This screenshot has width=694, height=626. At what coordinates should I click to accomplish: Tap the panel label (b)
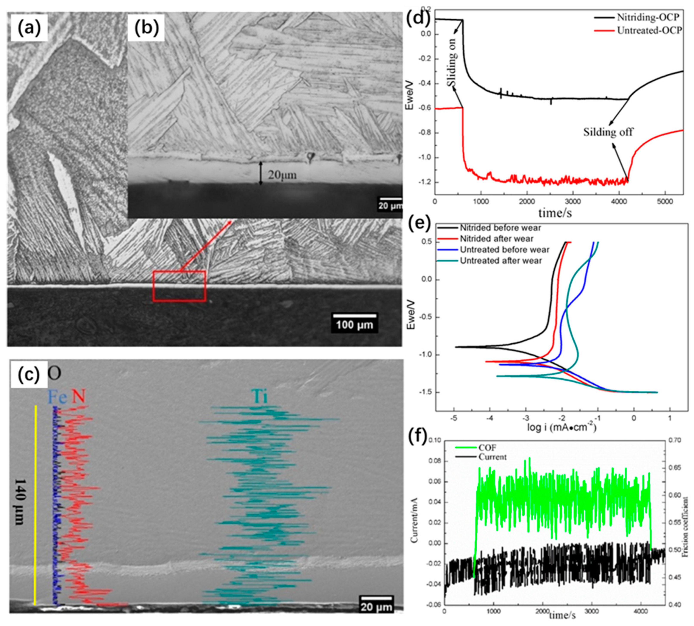pyautogui.click(x=146, y=29)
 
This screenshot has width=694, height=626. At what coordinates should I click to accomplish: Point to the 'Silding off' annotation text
pyautogui.click(x=608, y=132)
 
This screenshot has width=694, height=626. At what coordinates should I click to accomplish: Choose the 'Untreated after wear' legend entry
pyautogui.click(x=501, y=261)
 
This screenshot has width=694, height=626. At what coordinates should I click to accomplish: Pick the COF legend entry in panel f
pyautogui.click(x=487, y=447)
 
